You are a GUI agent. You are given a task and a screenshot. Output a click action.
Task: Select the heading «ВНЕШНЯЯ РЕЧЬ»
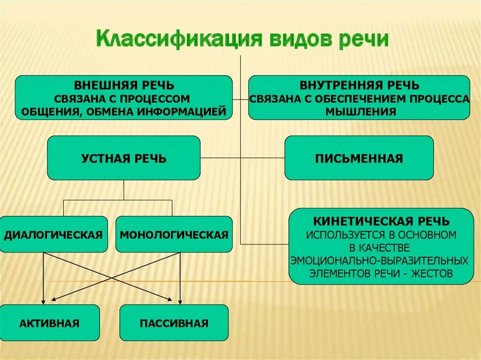click(x=124, y=85)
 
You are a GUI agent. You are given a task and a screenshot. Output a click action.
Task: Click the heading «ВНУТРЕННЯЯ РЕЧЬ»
click(x=359, y=85)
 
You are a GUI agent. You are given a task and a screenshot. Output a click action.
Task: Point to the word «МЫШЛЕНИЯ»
click(x=359, y=112)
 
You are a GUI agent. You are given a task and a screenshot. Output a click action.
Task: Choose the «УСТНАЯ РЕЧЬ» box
click(x=124, y=158)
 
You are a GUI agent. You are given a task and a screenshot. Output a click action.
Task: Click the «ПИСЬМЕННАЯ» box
click(x=359, y=158)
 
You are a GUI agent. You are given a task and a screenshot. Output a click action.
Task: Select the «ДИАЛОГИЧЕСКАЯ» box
click(x=54, y=234)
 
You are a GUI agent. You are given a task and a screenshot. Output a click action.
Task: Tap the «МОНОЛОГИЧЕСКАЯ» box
click(x=174, y=234)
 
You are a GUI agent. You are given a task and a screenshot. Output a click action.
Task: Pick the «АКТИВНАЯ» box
click(x=50, y=323)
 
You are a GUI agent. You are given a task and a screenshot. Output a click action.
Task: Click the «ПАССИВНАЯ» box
click(x=174, y=323)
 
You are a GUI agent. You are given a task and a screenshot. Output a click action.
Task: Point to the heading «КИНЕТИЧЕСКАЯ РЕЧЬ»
click(x=381, y=221)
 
